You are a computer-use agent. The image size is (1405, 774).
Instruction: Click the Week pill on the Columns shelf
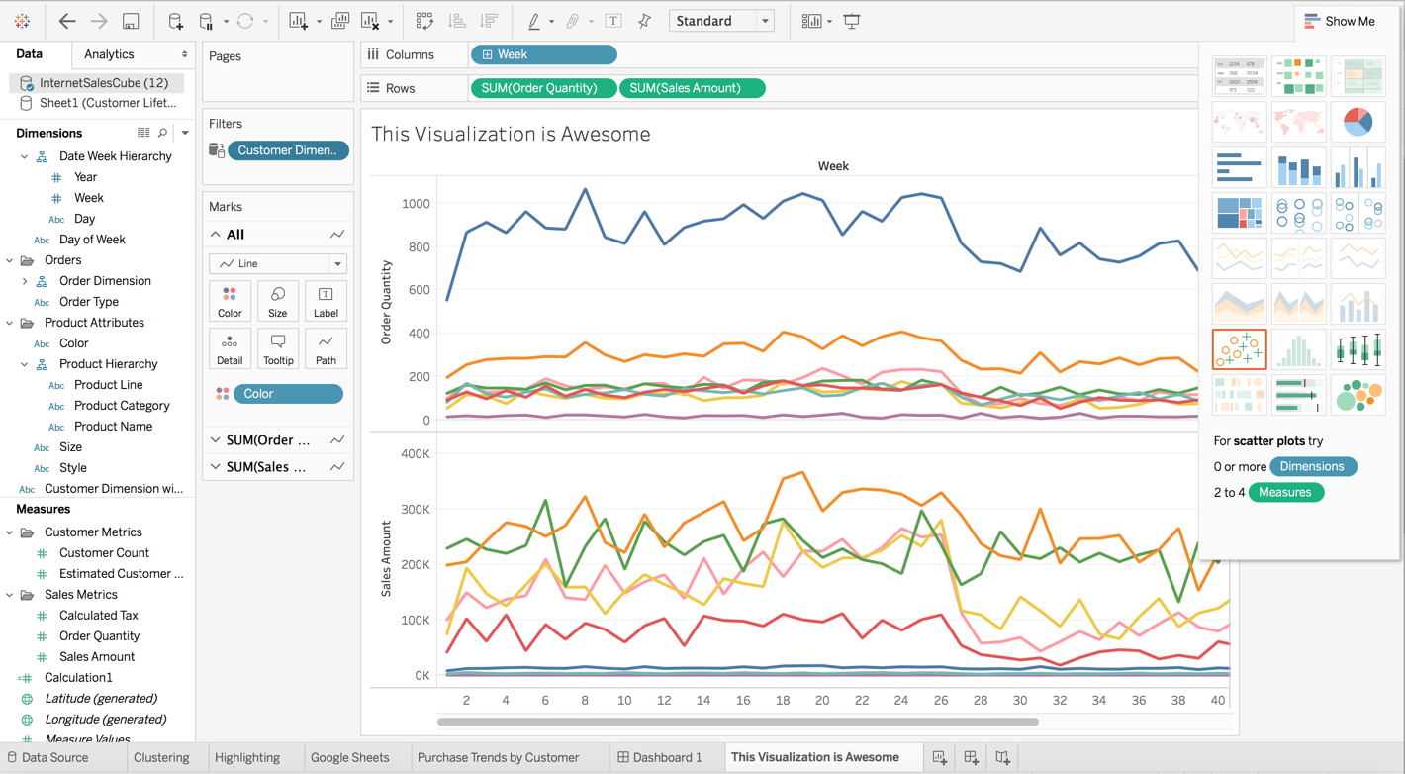point(543,54)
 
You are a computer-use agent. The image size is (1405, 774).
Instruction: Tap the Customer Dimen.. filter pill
point(288,150)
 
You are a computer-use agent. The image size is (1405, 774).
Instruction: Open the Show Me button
point(1341,21)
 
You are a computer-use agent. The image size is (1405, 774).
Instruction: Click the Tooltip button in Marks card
point(278,348)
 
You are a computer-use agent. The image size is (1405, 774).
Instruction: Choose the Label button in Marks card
point(326,302)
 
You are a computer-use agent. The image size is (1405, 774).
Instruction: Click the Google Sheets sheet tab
point(349,757)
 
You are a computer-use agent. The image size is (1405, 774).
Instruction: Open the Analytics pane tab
point(109,54)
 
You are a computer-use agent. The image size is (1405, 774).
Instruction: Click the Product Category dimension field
point(122,406)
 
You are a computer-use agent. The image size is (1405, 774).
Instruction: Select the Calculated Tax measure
point(98,616)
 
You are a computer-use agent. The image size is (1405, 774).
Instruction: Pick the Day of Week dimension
point(92,240)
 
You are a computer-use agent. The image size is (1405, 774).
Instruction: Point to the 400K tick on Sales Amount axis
point(415,454)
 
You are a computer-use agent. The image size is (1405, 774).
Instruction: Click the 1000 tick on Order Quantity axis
point(417,204)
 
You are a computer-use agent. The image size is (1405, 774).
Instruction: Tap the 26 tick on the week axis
point(940,700)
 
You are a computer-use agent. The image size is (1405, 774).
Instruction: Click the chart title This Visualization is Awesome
point(511,134)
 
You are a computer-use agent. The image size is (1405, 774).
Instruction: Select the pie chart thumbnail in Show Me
point(1358,121)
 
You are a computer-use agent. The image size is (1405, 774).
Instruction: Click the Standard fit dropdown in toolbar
point(721,21)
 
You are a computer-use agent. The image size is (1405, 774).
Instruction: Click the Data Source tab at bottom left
point(54,757)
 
